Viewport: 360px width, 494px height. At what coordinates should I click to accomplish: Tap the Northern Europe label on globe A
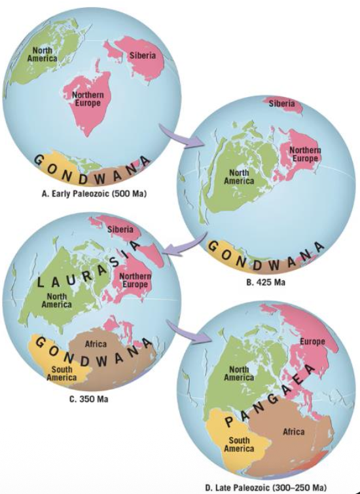pos(88,101)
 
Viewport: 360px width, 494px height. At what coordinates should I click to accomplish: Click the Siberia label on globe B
pos(281,104)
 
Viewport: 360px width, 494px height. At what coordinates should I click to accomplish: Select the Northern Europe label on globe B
pos(304,155)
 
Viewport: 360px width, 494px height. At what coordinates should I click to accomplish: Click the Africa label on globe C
pos(96,344)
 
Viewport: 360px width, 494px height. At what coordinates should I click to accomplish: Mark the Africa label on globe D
pos(293,432)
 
